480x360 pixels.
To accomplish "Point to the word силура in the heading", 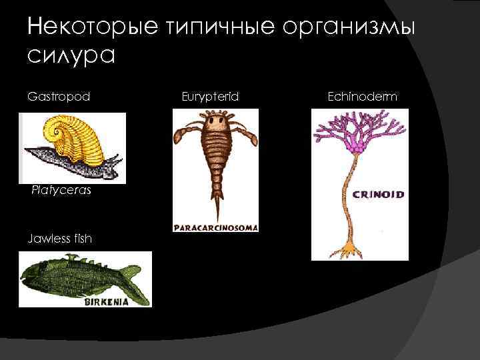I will coord(72,55).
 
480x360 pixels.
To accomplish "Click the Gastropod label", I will coord(59,97).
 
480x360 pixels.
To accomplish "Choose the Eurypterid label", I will coord(210,97).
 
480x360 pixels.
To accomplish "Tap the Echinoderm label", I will coord(362,97).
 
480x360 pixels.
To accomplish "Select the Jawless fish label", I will coord(59,238).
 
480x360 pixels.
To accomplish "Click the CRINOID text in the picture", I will coord(377,195).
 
